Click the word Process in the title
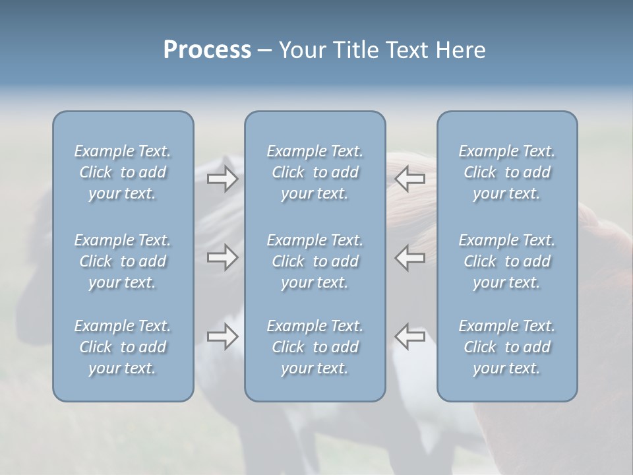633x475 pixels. pyautogui.click(x=207, y=50)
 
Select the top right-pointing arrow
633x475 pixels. pyautogui.click(x=222, y=179)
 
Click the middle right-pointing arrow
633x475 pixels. pyautogui.click(x=222, y=257)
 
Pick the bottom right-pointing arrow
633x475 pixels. pyautogui.click(x=222, y=336)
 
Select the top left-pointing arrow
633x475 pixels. pyautogui.click(x=410, y=178)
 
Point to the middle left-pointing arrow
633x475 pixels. pyautogui.click(x=410, y=257)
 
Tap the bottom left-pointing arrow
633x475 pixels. pyautogui.click(x=410, y=336)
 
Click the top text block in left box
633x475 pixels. pyautogui.click(x=123, y=172)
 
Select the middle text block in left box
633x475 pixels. pyautogui.click(x=123, y=261)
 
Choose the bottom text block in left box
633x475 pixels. pyautogui.click(x=123, y=347)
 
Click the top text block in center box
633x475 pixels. pyautogui.click(x=315, y=172)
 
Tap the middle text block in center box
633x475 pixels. pyautogui.click(x=315, y=261)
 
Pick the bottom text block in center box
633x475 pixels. pyautogui.click(x=315, y=347)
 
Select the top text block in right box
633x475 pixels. pyautogui.click(x=507, y=172)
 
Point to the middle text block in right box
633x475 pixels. pyautogui.click(x=507, y=261)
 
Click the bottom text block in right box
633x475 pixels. pyautogui.click(x=507, y=347)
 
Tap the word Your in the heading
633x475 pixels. pyautogui.click(x=300, y=50)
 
